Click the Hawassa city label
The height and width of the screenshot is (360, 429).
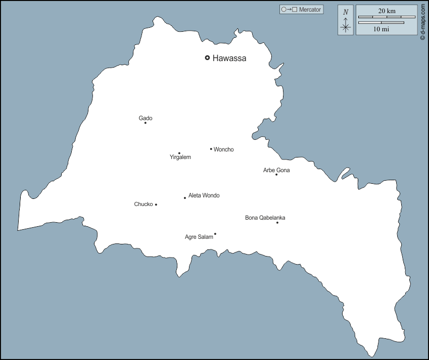click(x=229, y=58)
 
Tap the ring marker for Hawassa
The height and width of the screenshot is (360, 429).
click(x=207, y=58)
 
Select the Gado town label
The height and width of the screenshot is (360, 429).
click(x=146, y=118)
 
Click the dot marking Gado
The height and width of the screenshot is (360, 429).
click(x=146, y=123)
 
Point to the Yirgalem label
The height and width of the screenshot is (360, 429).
click(x=180, y=158)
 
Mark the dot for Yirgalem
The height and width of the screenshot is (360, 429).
click(x=179, y=153)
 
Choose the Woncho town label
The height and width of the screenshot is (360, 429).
click(x=223, y=149)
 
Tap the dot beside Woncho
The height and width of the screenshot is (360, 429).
click(x=211, y=149)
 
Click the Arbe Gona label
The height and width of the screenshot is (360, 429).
click(x=276, y=170)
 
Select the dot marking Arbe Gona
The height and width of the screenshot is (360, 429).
click(x=276, y=175)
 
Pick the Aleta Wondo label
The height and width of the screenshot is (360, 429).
click(x=204, y=195)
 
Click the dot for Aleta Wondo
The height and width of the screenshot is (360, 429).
click(x=185, y=198)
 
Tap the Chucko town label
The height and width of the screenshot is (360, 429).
click(x=144, y=204)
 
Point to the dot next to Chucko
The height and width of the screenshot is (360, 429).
click(x=156, y=204)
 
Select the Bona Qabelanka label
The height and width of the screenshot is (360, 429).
click(x=265, y=218)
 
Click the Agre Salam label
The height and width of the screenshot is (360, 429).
click(x=199, y=237)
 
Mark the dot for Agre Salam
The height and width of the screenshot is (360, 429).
click(x=215, y=234)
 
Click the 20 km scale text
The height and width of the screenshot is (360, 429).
click(x=387, y=11)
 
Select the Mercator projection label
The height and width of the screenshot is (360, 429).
click(x=301, y=10)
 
